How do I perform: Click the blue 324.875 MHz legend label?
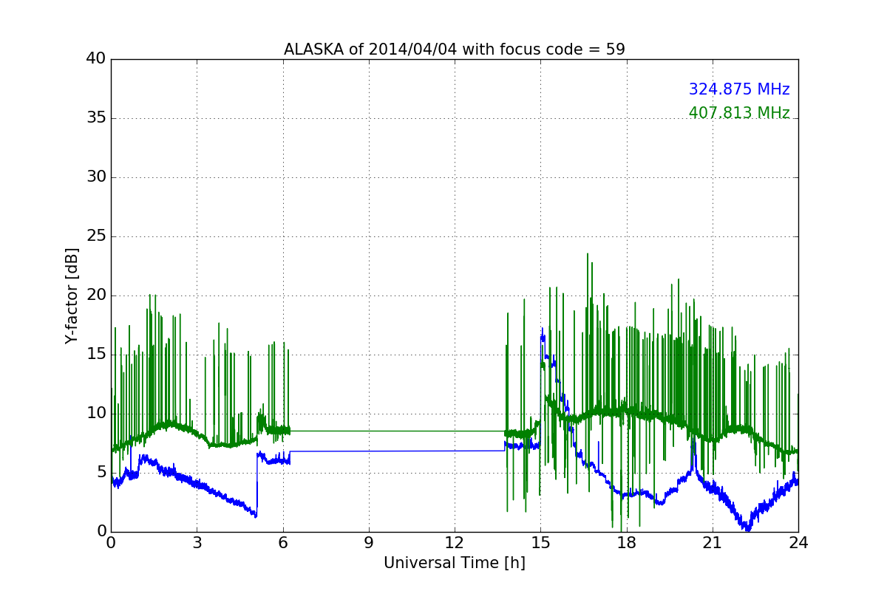[739, 89]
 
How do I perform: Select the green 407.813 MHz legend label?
[739, 113]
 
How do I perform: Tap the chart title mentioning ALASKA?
[454, 49]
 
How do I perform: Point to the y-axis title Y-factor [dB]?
[72, 296]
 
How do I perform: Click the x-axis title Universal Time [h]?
[454, 563]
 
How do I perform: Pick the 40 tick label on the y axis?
[96, 58]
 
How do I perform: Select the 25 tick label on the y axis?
[96, 236]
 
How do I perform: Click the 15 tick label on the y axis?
[96, 355]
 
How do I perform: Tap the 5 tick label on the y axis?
[101, 472]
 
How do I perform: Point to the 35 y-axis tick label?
[96, 117]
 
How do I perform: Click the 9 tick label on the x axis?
[369, 543]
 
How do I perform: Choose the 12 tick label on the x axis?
[454, 543]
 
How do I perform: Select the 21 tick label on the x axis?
[713, 543]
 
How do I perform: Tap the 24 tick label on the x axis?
[798, 543]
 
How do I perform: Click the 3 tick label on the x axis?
[197, 543]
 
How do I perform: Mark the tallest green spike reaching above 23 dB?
[587, 254]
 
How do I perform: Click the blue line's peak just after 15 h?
[542, 329]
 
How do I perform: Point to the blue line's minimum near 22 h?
[747, 529]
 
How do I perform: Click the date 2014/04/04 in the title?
[412, 49]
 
